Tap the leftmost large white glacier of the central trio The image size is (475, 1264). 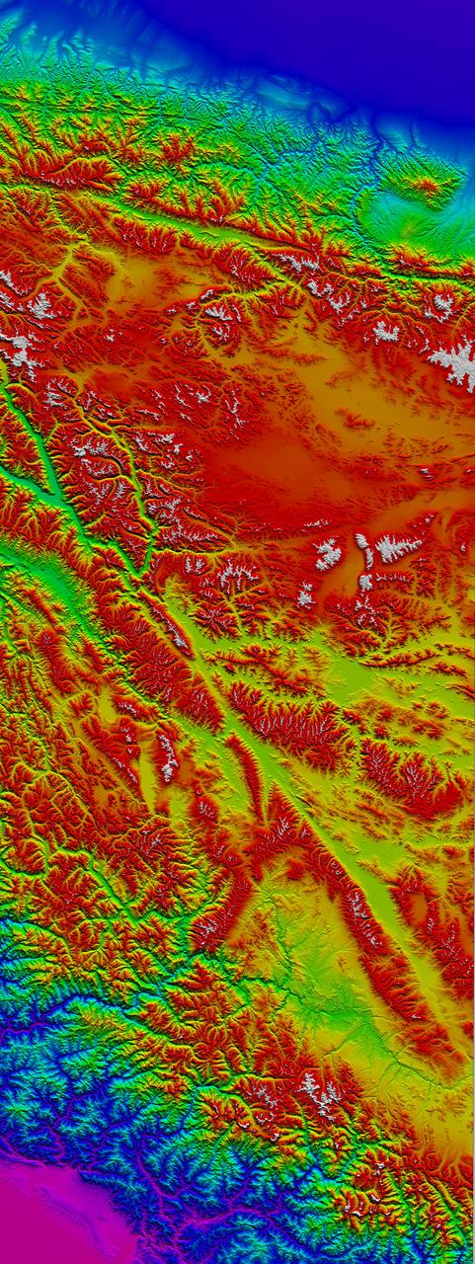(328, 555)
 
